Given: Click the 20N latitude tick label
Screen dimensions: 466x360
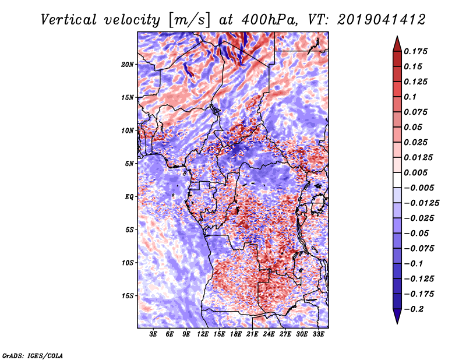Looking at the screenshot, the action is point(128,65).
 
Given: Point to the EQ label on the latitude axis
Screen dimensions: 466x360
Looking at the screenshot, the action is point(129,197).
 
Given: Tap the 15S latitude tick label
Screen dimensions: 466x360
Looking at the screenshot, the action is point(128,296).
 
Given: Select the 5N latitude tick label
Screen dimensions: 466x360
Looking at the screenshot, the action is point(129,164).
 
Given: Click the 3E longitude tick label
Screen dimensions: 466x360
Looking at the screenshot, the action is point(153,334).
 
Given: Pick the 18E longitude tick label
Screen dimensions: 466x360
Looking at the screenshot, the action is point(236,334).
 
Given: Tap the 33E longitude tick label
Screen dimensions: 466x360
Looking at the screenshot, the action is point(318,334).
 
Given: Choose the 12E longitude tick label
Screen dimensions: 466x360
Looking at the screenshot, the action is point(203,334).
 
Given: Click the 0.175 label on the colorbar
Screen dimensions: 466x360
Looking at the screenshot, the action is point(415,51).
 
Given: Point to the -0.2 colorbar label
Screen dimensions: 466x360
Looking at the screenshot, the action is point(414,309).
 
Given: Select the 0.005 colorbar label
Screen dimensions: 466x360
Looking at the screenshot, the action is point(415,172).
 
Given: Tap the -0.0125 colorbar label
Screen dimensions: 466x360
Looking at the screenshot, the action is point(421,203).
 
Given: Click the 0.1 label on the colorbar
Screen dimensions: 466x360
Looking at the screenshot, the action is point(410,97).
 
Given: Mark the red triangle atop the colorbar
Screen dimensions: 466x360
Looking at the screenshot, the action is point(397,44).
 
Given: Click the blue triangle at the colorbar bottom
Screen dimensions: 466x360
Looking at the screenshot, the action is point(397,316).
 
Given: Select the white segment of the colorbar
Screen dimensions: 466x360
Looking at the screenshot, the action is point(397,180).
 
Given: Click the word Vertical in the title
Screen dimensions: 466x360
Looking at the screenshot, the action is point(69,20).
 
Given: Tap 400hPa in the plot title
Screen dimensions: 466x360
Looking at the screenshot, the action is point(269,20).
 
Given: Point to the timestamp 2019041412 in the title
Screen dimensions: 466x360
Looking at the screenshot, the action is point(382,20).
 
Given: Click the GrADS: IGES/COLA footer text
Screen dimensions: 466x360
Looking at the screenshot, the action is point(33,355).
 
